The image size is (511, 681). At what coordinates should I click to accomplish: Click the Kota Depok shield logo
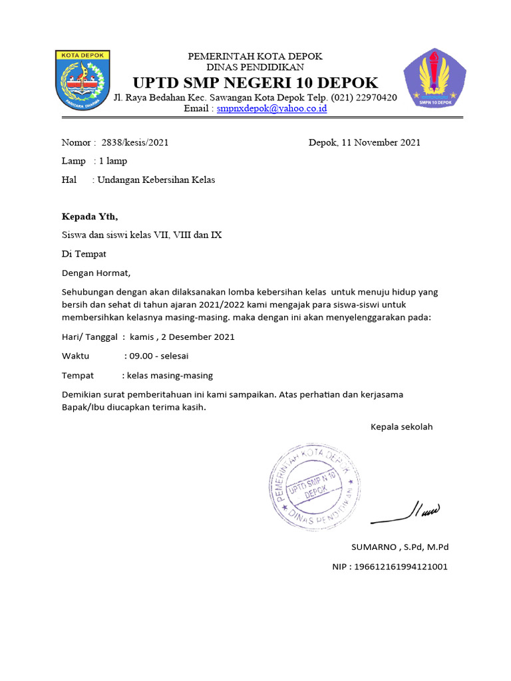click(83, 80)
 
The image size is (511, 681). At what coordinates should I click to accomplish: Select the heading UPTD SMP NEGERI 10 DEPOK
click(255, 83)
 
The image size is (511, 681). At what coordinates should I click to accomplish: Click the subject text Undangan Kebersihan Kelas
click(156, 180)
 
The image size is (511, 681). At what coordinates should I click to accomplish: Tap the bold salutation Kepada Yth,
click(89, 216)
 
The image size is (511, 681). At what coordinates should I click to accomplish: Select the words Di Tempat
click(84, 253)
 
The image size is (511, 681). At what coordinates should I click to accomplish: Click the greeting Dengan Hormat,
click(96, 273)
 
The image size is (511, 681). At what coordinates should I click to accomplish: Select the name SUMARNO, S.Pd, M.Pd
click(400, 547)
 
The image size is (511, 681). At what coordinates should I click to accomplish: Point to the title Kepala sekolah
click(401, 426)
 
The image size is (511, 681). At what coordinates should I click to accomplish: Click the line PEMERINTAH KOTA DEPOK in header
click(255, 57)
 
